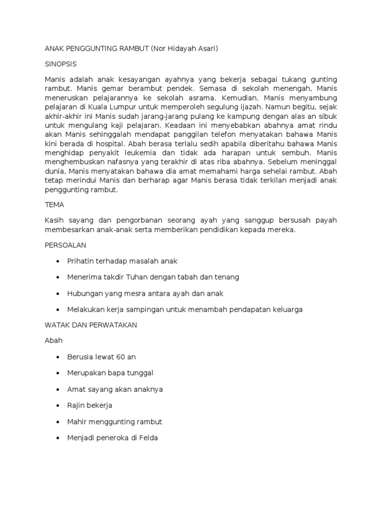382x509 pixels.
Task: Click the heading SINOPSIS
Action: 61,65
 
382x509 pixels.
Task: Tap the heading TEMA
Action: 54,204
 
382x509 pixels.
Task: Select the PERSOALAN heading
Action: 66,245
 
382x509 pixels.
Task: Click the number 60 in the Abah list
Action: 121,357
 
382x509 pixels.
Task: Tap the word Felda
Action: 147,438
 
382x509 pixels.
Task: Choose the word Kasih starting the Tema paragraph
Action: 54,220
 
